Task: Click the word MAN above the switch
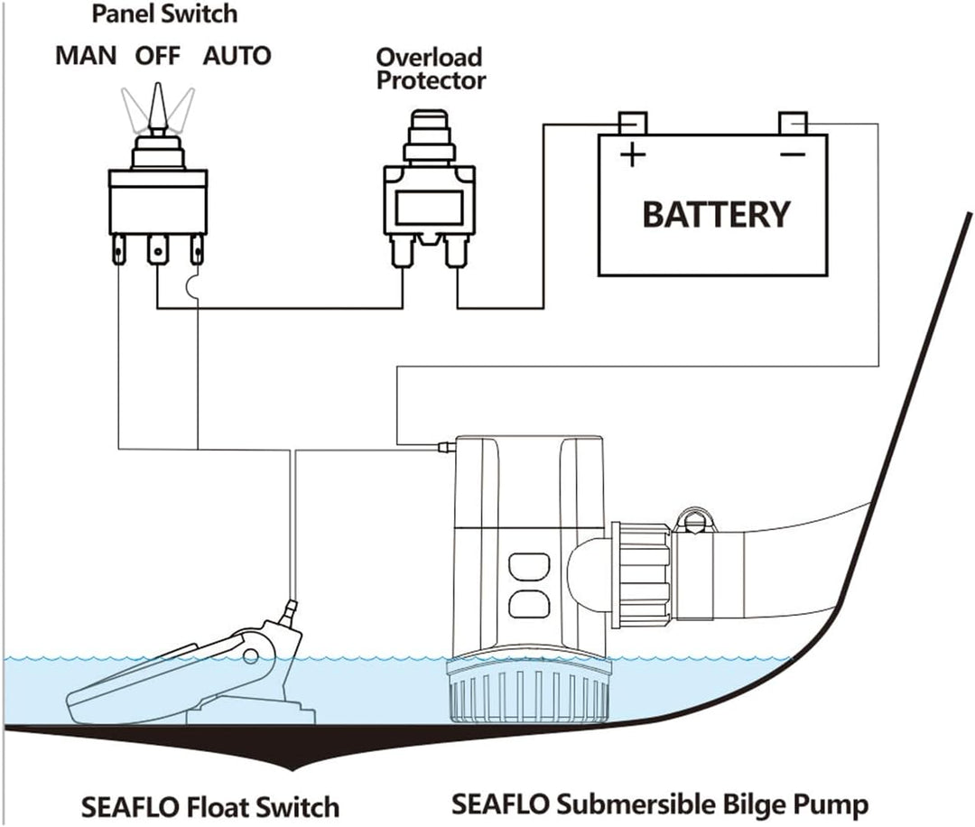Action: [86, 55]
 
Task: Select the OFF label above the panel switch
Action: [158, 55]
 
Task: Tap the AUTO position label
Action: [236, 55]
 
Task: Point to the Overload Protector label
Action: [431, 70]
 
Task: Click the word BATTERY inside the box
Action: [715, 215]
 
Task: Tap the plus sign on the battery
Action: [633, 155]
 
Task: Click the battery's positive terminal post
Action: [633, 122]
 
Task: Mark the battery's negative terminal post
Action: [793, 122]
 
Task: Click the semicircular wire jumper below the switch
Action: [192, 288]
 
